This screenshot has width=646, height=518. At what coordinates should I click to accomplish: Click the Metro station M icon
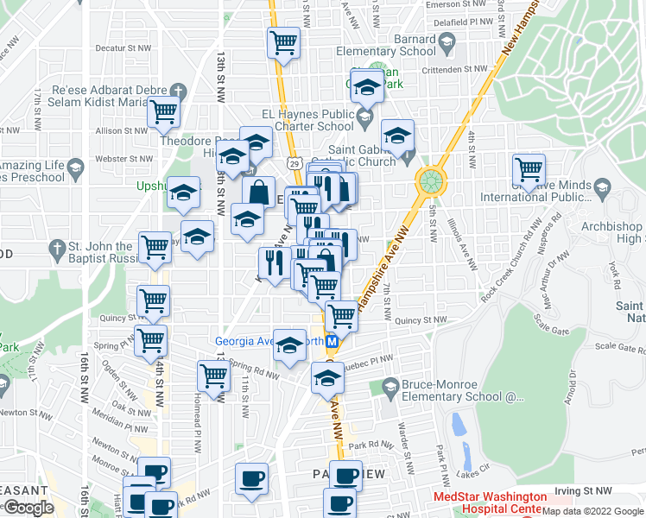tap(332, 341)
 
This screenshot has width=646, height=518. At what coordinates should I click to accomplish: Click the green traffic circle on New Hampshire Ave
tap(430, 181)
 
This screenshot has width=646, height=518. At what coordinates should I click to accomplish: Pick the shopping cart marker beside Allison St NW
tap(162, 111)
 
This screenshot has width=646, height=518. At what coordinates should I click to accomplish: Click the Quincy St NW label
tap(423, 319)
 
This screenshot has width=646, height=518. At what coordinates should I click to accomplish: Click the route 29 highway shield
tap(294, 162)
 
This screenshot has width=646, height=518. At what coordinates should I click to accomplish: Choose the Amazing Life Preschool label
tap(35, 171)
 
